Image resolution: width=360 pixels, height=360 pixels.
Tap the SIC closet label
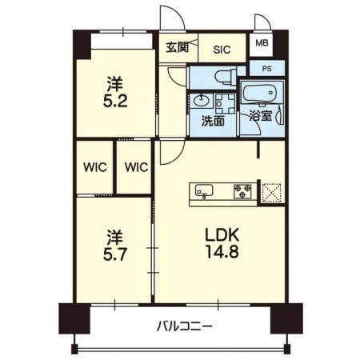coord(222,49)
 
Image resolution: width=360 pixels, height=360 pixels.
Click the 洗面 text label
coord(212,122)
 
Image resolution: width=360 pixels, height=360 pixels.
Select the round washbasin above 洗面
coord(200,102)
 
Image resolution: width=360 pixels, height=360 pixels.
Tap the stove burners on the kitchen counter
coord(242,191)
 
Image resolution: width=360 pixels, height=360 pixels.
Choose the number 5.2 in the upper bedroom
coord(116,102)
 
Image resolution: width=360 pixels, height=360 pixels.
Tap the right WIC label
coord(135,168)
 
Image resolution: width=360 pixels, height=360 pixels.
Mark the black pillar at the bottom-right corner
coord(282,318)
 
